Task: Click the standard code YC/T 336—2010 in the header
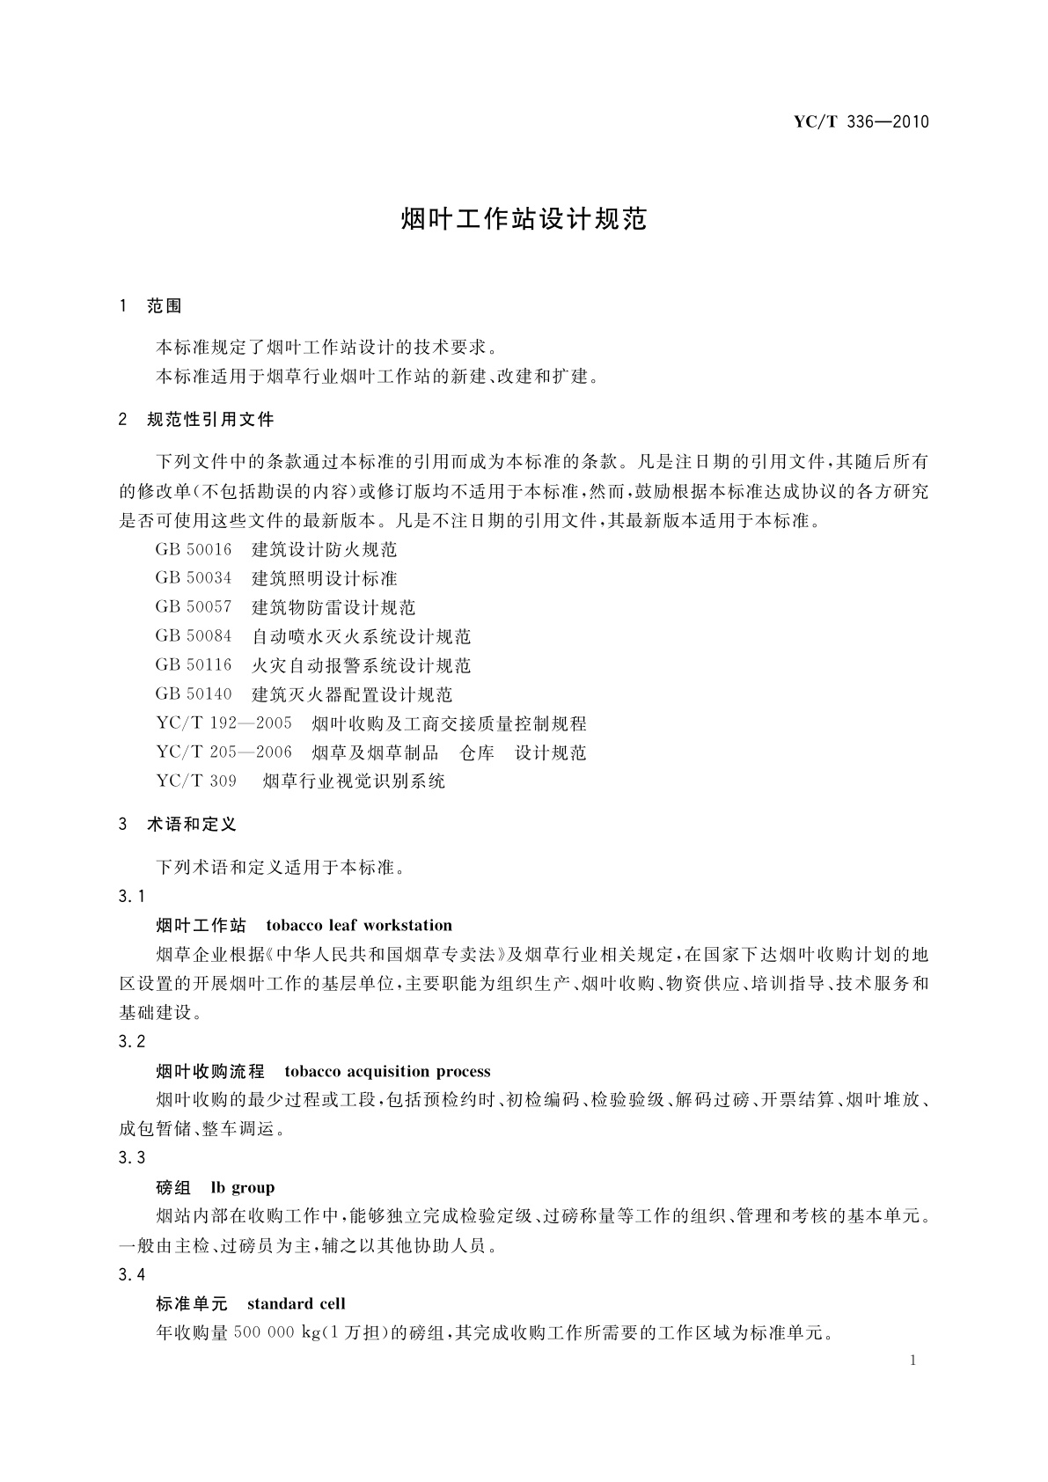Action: coord(861,122)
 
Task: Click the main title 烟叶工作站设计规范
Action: coord(524,219)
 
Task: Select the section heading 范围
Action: coord(165,306)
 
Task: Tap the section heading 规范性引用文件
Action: coord(210,420)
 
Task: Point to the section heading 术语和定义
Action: coord(192,825)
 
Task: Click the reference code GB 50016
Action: coord(194,550)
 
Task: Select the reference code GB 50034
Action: coord(194,579)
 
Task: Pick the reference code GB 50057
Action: coord(194,608)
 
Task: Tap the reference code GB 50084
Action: coord(194,637)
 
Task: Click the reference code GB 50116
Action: coord(194,666)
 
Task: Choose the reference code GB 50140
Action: coord(194,695)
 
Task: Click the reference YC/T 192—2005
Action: coord(224,724)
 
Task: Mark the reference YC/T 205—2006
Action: coord(224,753)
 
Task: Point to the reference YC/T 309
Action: coord(196,781)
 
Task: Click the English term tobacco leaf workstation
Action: coord(359,926)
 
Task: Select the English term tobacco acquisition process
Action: coord(388,1072)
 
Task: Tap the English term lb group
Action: coord(243,1188)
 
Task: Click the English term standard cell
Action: coord(297,1304)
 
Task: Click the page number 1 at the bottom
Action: coord(912,1361)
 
